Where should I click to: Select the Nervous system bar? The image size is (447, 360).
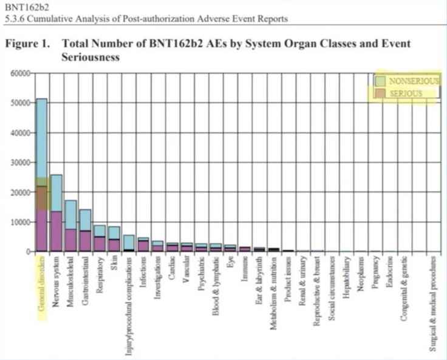pyautogui.click(x=56, y=213)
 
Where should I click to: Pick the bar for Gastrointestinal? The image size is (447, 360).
pyautogui.click(x=85, y=230)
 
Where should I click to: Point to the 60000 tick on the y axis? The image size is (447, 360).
pyautogui.click(x=18, y=73)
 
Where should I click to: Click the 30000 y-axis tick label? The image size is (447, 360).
pyautogui.click(x=18, y=163)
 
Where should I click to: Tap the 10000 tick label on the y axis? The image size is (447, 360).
pyautogui.click(x=18, y=222)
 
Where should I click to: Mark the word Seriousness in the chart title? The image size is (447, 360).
pyautogui.click(x=90, y=58)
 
